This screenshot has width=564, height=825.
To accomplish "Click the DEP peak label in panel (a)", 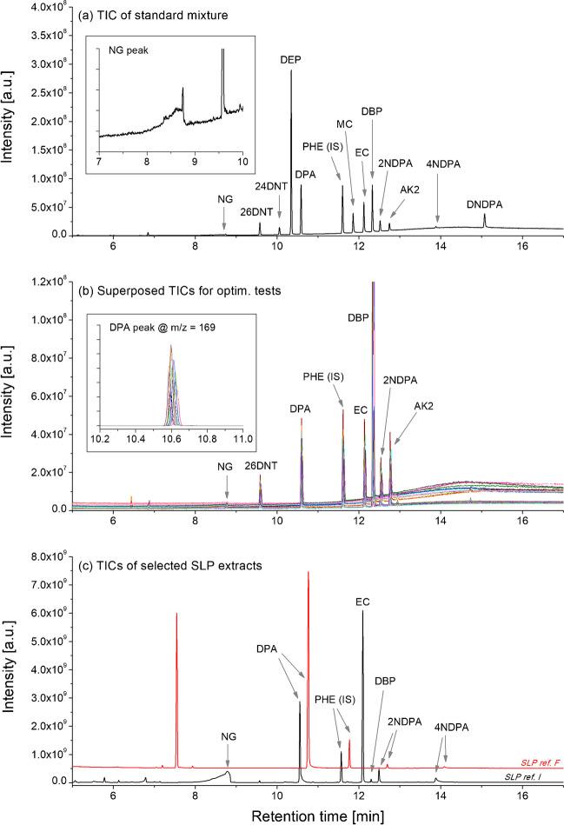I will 290,59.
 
